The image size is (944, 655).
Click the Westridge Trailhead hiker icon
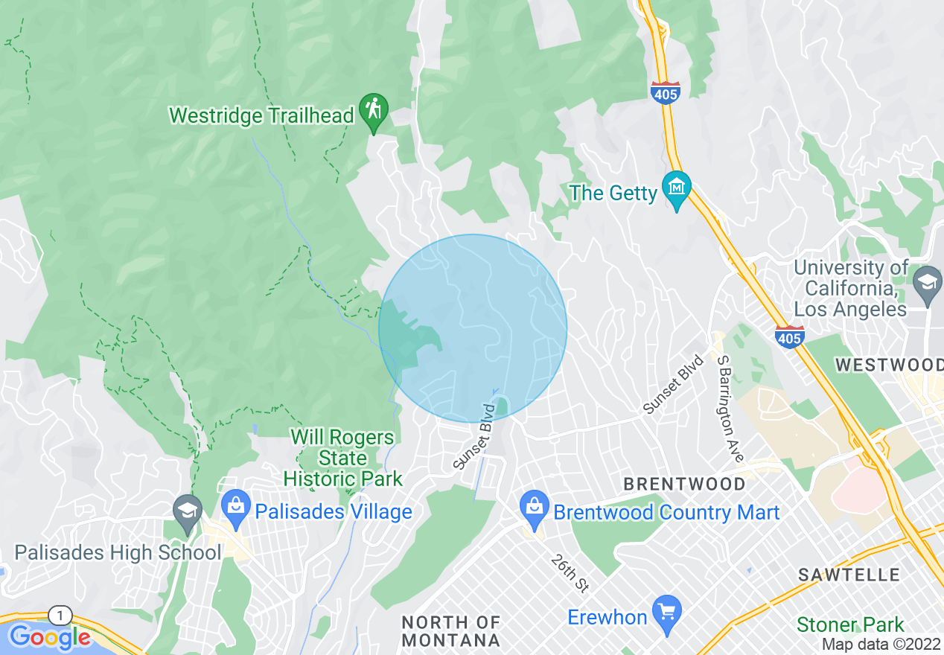[373, 109]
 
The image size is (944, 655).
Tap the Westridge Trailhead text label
[261, 116]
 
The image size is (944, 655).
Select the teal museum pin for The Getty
[677, 188]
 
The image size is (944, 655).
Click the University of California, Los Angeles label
[851, 288]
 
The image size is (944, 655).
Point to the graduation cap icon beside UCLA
[928, 283]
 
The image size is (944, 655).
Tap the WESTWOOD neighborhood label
[889, 365]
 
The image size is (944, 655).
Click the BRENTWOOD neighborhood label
[684, 484]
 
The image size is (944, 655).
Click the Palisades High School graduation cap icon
[187, 511]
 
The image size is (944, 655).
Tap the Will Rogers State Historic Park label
[343, 458]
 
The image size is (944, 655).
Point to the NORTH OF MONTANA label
[451, 630]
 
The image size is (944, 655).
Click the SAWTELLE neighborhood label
[849, 575]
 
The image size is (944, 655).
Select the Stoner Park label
[850, 624]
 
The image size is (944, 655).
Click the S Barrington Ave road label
[730, 408]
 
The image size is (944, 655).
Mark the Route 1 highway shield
[60, 616]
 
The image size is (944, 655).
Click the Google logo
[50, 637]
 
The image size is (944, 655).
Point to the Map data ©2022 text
[881, 645]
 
